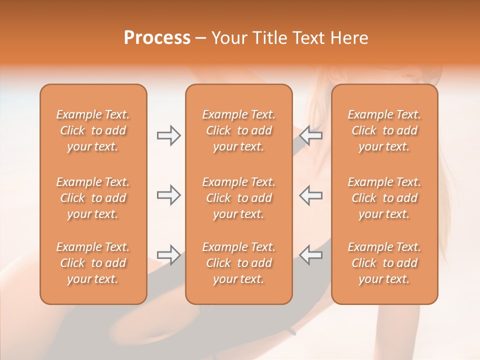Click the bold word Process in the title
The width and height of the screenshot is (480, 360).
[157, 38]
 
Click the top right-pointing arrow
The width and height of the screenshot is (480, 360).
[168, 135]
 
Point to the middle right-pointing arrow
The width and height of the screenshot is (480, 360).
[168, 195]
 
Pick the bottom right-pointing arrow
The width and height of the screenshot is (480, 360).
[168, 254]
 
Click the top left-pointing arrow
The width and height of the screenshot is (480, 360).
[311, 135]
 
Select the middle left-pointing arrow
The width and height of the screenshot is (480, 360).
[311, 195]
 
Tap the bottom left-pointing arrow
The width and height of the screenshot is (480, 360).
[311, 254]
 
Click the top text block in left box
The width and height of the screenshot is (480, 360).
[93, 130]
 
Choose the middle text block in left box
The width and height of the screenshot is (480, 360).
[93, 198]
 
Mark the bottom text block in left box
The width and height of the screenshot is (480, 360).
[93, 263]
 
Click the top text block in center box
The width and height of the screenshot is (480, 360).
[238, 130]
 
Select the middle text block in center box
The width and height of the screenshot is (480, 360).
[238, 198]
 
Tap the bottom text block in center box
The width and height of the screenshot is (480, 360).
[238, 263]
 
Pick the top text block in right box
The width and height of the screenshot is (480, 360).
[384, 130]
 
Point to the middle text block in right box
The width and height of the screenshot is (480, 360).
[384, 198]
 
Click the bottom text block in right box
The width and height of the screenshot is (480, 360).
[384, 263]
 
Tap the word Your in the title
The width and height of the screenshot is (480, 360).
[228, 38]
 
